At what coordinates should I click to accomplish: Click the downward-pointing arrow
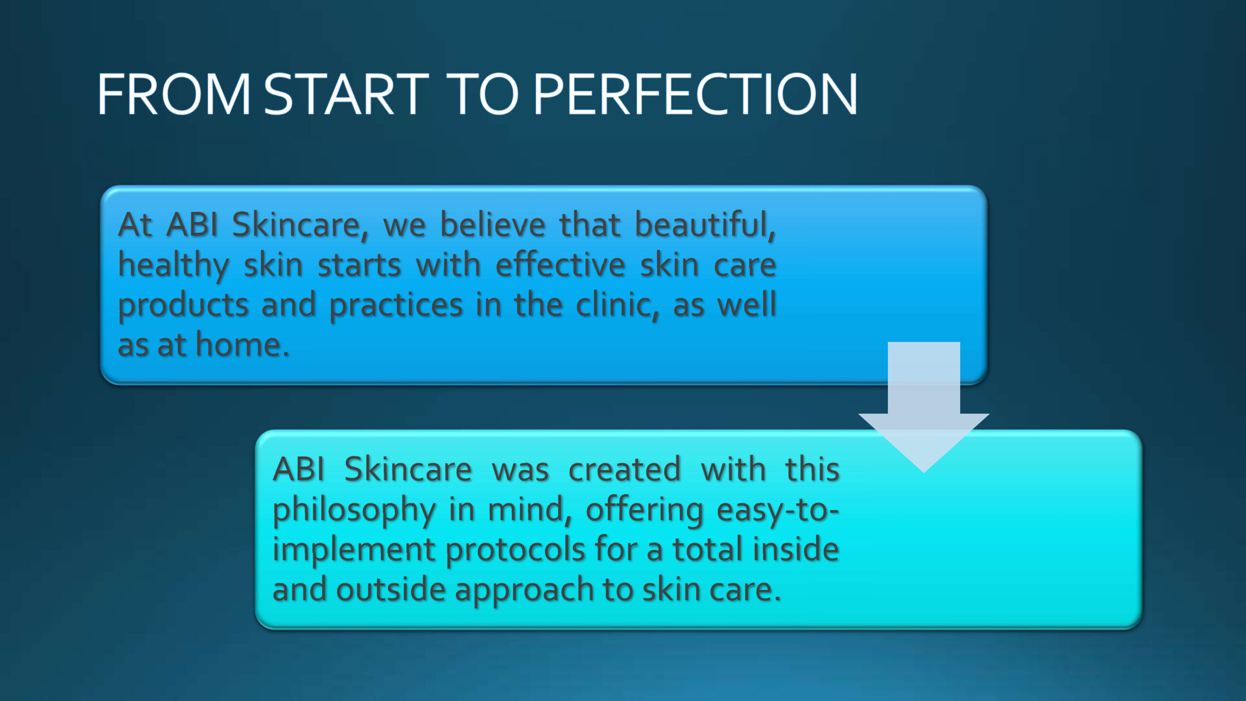point(923,407)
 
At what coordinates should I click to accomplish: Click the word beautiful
point(705,225)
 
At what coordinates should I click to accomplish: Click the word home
point(242,345)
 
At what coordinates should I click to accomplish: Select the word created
point(624,470)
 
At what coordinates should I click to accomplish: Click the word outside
point(391,590)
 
